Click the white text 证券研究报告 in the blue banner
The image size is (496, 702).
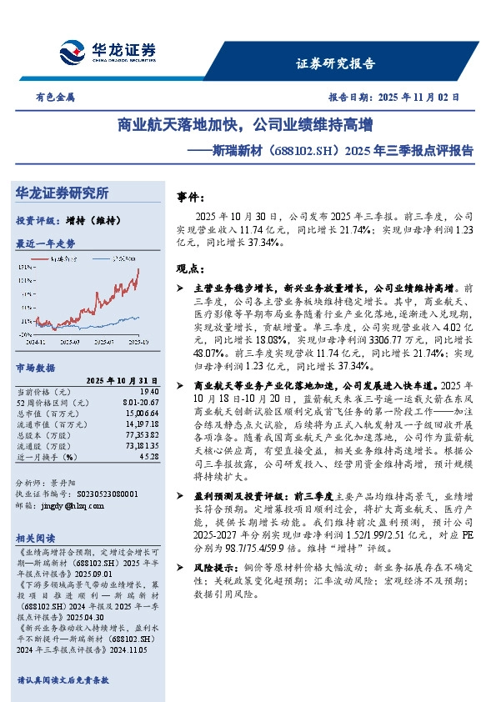click(x=337, y=63)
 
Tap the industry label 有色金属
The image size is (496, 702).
click(x=55, y=97)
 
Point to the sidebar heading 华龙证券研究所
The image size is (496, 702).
click(x=63, y=193)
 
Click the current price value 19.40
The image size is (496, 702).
click(x=149, y=391)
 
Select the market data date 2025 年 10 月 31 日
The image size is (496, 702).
click(x=121, y=379)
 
